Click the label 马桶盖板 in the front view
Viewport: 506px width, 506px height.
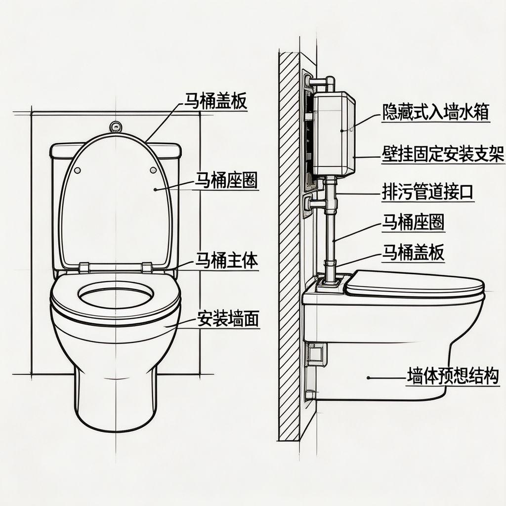(x=215, y=101)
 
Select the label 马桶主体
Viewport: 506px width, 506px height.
(x=227, y=260)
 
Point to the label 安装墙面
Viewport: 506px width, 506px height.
(x=228, y=319)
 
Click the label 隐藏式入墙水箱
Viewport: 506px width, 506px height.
(x=435, y=113)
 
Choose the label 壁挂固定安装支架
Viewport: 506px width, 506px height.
(x=443, y=155)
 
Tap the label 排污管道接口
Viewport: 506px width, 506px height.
(x=428, y=192)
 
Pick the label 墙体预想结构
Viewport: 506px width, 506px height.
(x=453, y=377)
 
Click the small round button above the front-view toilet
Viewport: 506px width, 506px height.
(x=116, y=126)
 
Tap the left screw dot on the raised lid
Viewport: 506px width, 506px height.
(x=78, y=170)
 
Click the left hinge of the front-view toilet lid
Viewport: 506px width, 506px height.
(x=84, y=267)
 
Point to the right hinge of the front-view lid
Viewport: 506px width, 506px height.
(x=147, y=267)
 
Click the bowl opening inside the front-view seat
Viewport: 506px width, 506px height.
(x=115, y=299)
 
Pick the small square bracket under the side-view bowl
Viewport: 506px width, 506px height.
(x=315, y=352)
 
